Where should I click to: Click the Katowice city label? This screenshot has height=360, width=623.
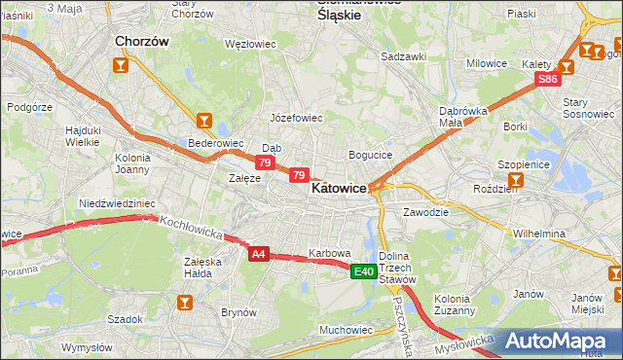pyautogui.click(x=338, y=190)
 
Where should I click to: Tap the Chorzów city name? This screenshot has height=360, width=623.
pyautogui.click(x=142, y=42)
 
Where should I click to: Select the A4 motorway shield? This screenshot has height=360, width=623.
pyautogui.click(x=258, y=254)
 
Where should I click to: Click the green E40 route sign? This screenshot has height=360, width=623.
pyautogui.click(x=363, y=271)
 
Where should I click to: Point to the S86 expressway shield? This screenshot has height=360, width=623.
pyautogui.click(x=548, y=79)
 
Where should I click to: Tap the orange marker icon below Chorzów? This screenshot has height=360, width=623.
pyautogui.click(x=121, y=66)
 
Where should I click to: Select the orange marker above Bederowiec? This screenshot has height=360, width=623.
pyautogui.click(x=203, y=122)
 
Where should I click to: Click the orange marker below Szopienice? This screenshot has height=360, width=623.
pyautogui.click(x=515, y=180)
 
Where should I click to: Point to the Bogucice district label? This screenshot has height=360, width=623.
pyautogui.click(x=370, y=155)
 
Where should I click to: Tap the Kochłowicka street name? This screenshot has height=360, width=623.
pyautogui.click(x=193, y=229)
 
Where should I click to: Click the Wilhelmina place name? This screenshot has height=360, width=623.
pyautogui.click(x=539, y=234)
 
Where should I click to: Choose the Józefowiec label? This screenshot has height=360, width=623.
pyautogui.click(x=296, y=118)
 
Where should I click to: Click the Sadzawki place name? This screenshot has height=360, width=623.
pyautogui.click(x=404, y=56)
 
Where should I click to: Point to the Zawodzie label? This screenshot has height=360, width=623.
pyautogui.click(x=425, y=211)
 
